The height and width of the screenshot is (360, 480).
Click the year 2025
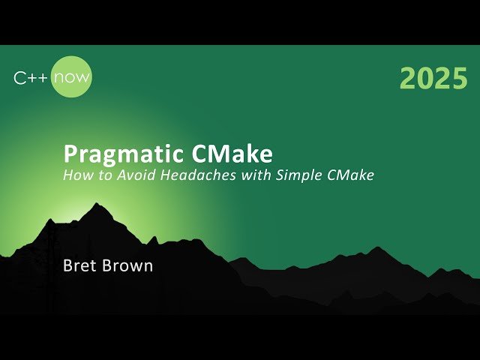pos(433,78)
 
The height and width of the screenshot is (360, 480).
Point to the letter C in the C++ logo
pos(20,77)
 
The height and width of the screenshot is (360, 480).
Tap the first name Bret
pos(79,265)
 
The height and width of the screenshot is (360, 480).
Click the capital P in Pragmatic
pos(70,154)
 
